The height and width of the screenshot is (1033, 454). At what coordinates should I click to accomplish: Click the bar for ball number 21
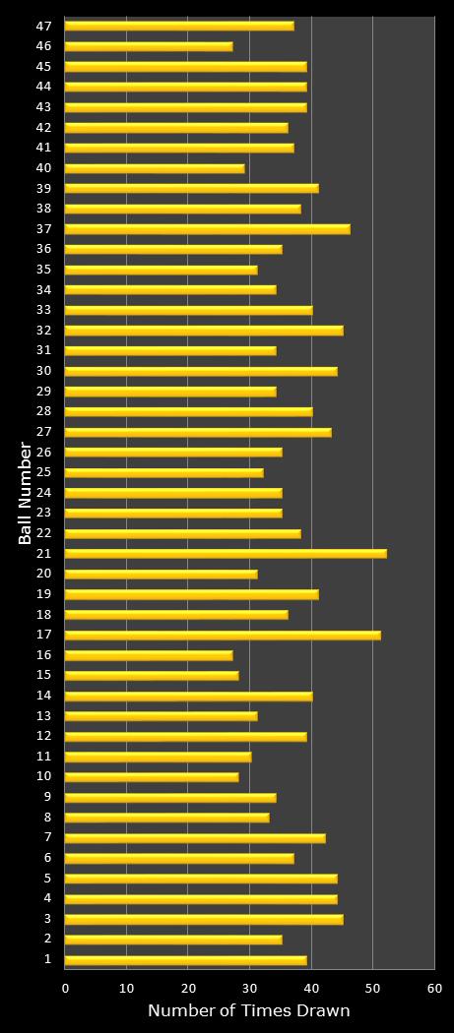coord(226,554)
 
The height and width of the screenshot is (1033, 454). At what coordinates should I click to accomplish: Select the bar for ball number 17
coord(223,635)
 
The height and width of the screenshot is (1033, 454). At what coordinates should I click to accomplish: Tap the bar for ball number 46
coord(149,46)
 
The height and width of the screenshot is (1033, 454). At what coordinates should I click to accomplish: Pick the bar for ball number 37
coord(207,229)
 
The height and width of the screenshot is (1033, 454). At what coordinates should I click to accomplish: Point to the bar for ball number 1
coord(185,960)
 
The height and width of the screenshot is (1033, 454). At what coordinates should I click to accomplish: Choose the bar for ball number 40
coord(155,168)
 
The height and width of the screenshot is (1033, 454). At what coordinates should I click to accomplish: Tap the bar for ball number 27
coord(198,432)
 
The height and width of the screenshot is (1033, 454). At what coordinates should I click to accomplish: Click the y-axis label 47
coord(45,26)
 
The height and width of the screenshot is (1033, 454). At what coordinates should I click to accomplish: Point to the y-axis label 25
coord(45,472)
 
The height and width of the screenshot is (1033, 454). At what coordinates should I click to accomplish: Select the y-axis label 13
coord(45,715)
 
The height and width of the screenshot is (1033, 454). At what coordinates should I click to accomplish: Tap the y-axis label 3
coord(48,919)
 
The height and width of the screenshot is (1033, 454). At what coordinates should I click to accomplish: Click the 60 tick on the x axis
coord(434,988)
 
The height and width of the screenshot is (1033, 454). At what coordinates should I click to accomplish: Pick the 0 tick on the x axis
coord(66,988)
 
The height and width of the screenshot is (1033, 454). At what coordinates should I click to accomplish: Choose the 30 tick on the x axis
coord(250,988)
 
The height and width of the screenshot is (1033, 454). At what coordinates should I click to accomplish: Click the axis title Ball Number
coord(26,493)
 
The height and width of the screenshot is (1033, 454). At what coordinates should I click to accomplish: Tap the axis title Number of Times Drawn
coord(249,1011)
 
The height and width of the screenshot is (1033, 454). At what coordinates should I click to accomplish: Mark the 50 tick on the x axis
coord(373,988)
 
